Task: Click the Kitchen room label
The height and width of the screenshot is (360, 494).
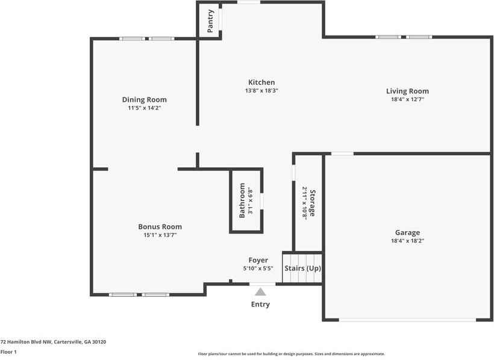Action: (261, 82)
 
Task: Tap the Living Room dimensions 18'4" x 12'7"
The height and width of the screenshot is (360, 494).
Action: (407, 100)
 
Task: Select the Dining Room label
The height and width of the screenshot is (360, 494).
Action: (144, 100)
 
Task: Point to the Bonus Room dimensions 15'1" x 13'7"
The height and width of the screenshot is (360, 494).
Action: (160, 235)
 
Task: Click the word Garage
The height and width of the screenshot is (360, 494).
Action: (407, 232)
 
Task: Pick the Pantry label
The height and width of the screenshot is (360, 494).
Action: (210, 20)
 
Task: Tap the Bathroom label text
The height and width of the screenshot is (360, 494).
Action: (242, 200)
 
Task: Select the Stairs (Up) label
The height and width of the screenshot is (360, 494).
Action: (302, 268)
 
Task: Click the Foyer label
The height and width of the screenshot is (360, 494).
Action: (258, 260)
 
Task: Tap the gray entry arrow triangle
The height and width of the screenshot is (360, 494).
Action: (260, 292)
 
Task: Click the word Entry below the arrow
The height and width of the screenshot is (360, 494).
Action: (260, 305)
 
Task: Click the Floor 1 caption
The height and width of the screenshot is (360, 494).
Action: (8, 352)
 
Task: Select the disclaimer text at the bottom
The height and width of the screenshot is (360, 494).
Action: (292, 354)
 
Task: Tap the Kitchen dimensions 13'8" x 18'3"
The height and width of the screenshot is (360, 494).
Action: (261, 91)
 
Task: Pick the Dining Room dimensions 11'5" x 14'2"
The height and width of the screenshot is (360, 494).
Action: (144, 108)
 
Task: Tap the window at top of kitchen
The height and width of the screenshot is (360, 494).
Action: (248, 2)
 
